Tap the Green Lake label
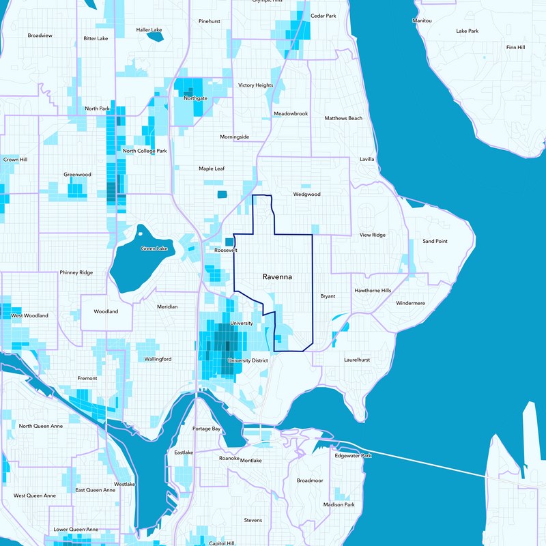(154, 248)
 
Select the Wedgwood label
(306, 194)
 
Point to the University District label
(249, 360)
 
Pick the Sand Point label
(435, 241)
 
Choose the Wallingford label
(158, 359)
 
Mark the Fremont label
(87, 378)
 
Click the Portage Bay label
(206, 429)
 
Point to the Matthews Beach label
(343, 118)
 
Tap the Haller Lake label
(149, 30)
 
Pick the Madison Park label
(339, 504)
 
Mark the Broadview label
(40, 35)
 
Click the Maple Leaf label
(212, 169)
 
